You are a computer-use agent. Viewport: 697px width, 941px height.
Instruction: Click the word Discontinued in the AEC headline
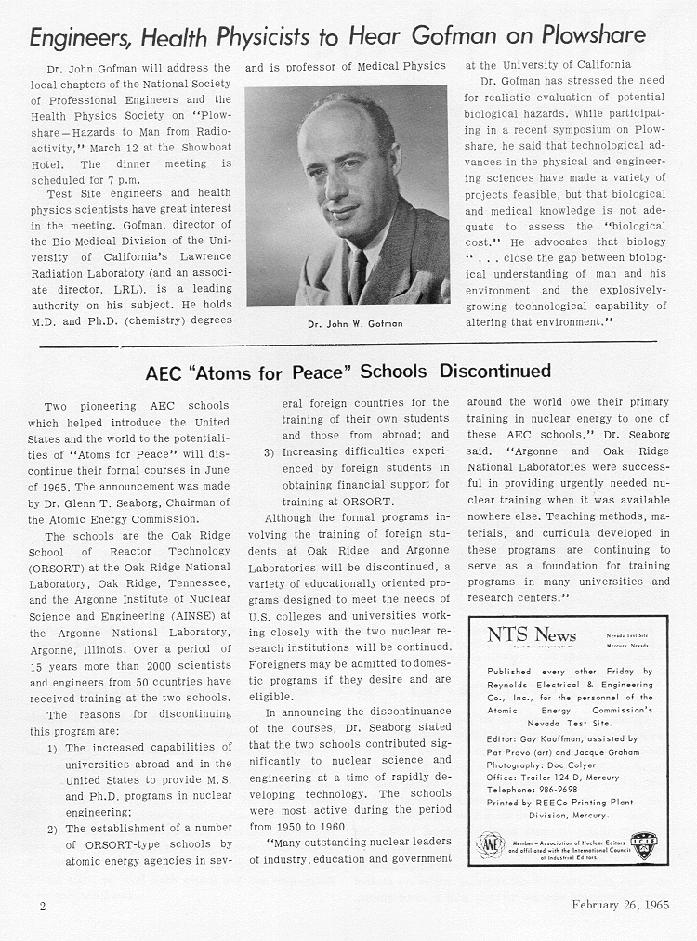coord(494,372)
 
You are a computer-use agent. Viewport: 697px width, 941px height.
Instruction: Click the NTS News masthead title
coord(532,634)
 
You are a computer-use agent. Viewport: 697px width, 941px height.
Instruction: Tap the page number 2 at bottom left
coord(42,905)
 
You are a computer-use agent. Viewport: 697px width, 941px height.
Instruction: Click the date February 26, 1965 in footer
coord(620,905)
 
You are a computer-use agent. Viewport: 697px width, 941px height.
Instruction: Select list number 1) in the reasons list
coord(54,747)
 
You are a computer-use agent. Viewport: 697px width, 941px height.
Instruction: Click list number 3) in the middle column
coord(270,451)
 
